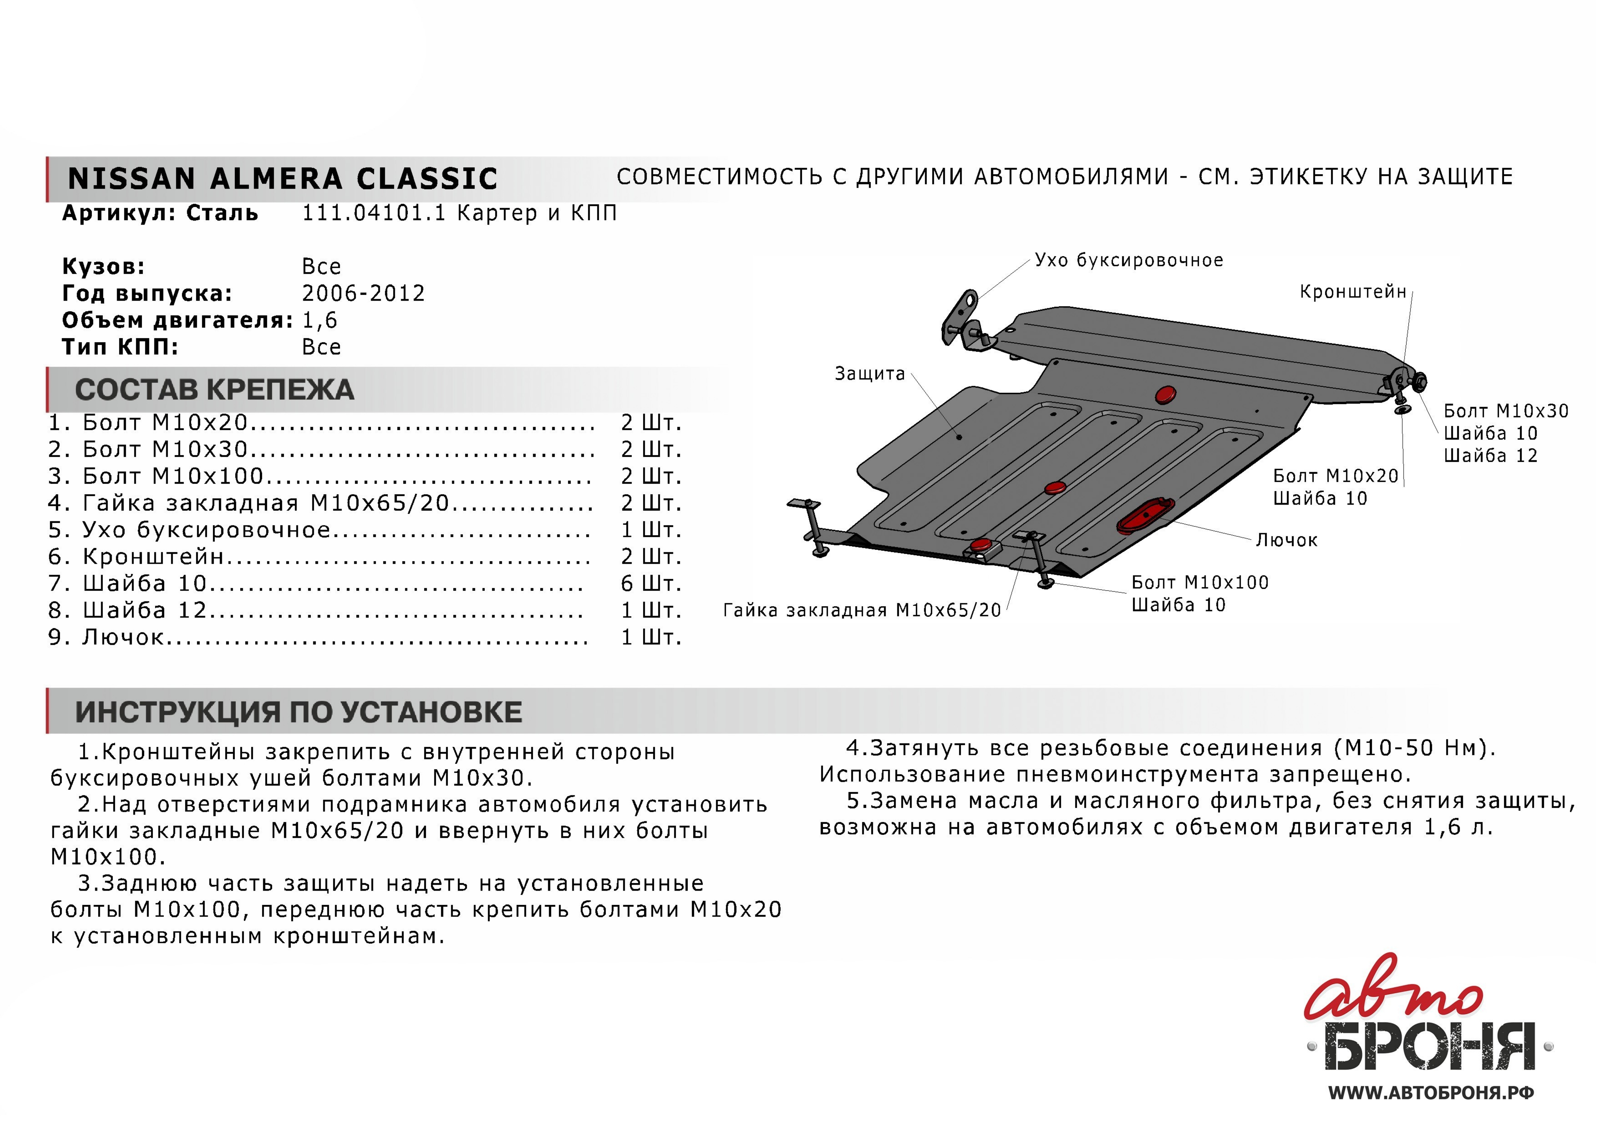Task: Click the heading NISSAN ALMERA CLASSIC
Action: point(282,179)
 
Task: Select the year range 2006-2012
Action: point(363,293)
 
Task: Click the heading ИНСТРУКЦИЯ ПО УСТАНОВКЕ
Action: point(298,712)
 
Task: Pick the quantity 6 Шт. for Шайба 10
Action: point(650,584)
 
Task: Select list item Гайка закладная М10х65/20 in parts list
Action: point(266,503)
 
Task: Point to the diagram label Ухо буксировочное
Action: point(1128,261)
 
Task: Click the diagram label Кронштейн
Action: point(1353,292)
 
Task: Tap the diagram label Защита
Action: point(869,374)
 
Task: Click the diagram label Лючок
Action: point(1286,541)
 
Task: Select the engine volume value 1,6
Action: point(319,321)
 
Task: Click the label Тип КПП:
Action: point(120,347)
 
